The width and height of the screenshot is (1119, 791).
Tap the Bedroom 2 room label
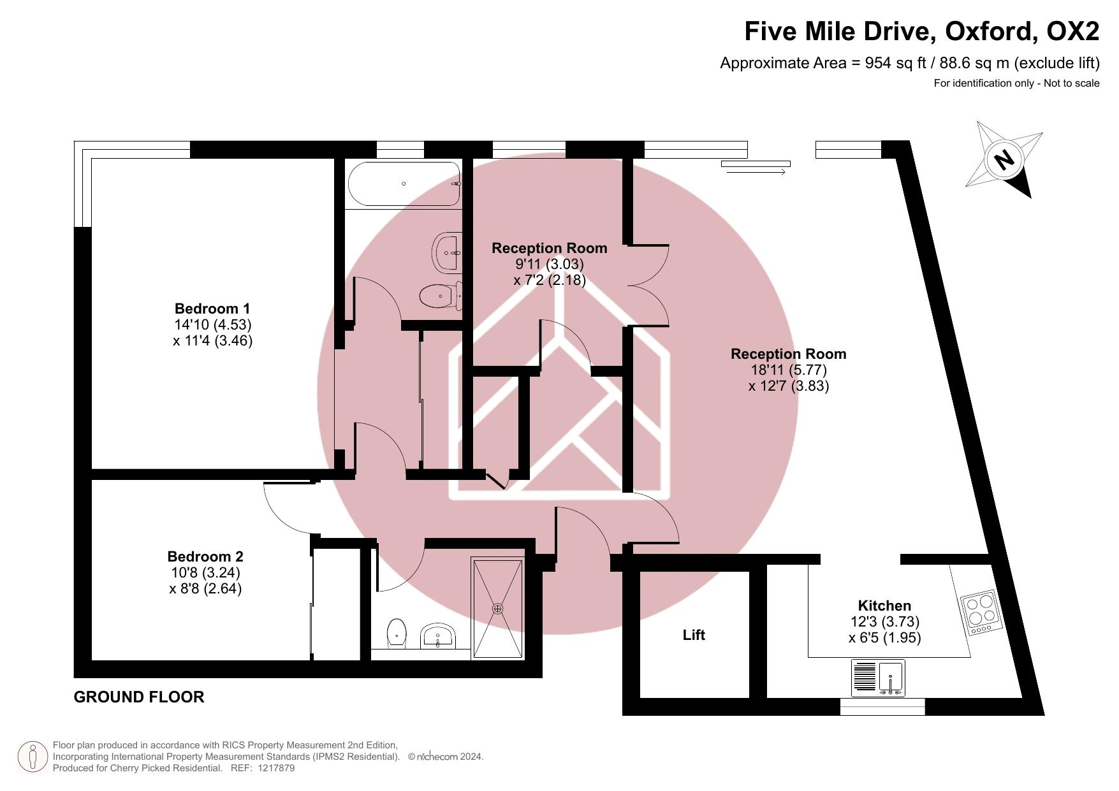click(x=205, y=556)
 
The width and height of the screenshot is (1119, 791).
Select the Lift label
click(x=694, y=635)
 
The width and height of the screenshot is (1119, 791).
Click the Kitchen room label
click(x=884, y=606)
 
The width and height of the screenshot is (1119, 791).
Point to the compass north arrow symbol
click(x=1004, y=159)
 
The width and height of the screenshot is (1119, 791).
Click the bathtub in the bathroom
click(x=404, y=184)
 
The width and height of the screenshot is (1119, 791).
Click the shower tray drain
click(x=498, y=609)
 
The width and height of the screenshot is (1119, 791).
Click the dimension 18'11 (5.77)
click(x=788, y=370)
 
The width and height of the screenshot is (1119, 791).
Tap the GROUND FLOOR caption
click(x=139, y=697)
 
